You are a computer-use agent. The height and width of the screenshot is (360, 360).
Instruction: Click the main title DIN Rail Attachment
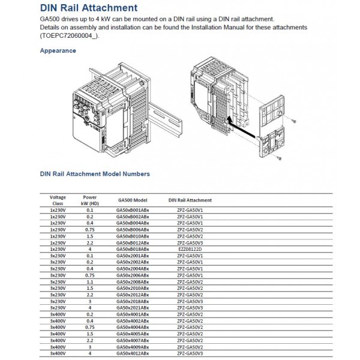coord(88,8)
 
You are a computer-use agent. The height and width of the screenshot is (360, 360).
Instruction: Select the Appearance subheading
coord(58,51)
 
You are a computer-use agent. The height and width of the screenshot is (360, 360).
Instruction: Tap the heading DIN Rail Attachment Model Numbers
coord(95,174)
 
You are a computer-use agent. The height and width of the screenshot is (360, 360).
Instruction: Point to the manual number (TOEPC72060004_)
coord(65,36)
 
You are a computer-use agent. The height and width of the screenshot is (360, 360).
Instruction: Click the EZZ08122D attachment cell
coord(190,248)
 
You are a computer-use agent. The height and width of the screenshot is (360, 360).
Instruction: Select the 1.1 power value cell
coord(90,281)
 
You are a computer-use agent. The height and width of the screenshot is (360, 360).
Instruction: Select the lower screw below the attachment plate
coord(280,158)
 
